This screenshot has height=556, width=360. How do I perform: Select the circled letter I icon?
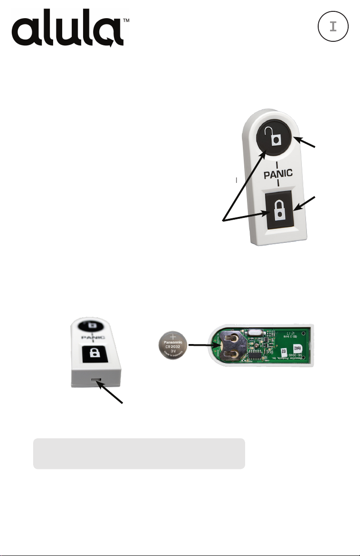pos(333,26)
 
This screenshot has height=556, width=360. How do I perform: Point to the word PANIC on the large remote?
pos(278,172)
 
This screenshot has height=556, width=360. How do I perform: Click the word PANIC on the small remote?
pos(93,338)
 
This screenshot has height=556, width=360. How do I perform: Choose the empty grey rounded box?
pos(139,453)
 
